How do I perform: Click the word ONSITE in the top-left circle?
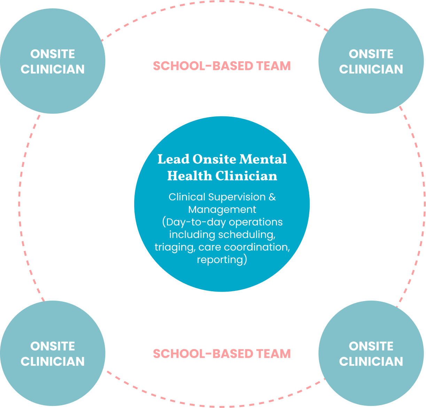[53, 54]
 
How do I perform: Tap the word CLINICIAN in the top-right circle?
[371, 69]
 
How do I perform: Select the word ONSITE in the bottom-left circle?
[53, 346]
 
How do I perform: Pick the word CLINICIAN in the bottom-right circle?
[371, 361]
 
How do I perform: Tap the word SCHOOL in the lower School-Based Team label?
[179, 354]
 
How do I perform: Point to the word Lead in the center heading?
[173, 159]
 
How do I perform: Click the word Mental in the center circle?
[263, 159]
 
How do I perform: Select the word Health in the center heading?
[189, 176]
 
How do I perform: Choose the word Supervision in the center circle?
[237, 197]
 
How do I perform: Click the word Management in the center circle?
[222, 210]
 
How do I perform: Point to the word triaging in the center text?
[175, 247]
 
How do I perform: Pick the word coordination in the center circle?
[257, 247]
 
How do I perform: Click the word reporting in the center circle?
[220, 260]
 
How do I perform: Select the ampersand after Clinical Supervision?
[272, 197]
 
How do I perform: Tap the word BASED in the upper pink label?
[233, 66]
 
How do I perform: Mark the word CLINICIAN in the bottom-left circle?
[53, 361]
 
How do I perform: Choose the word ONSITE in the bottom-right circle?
[371, 346]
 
